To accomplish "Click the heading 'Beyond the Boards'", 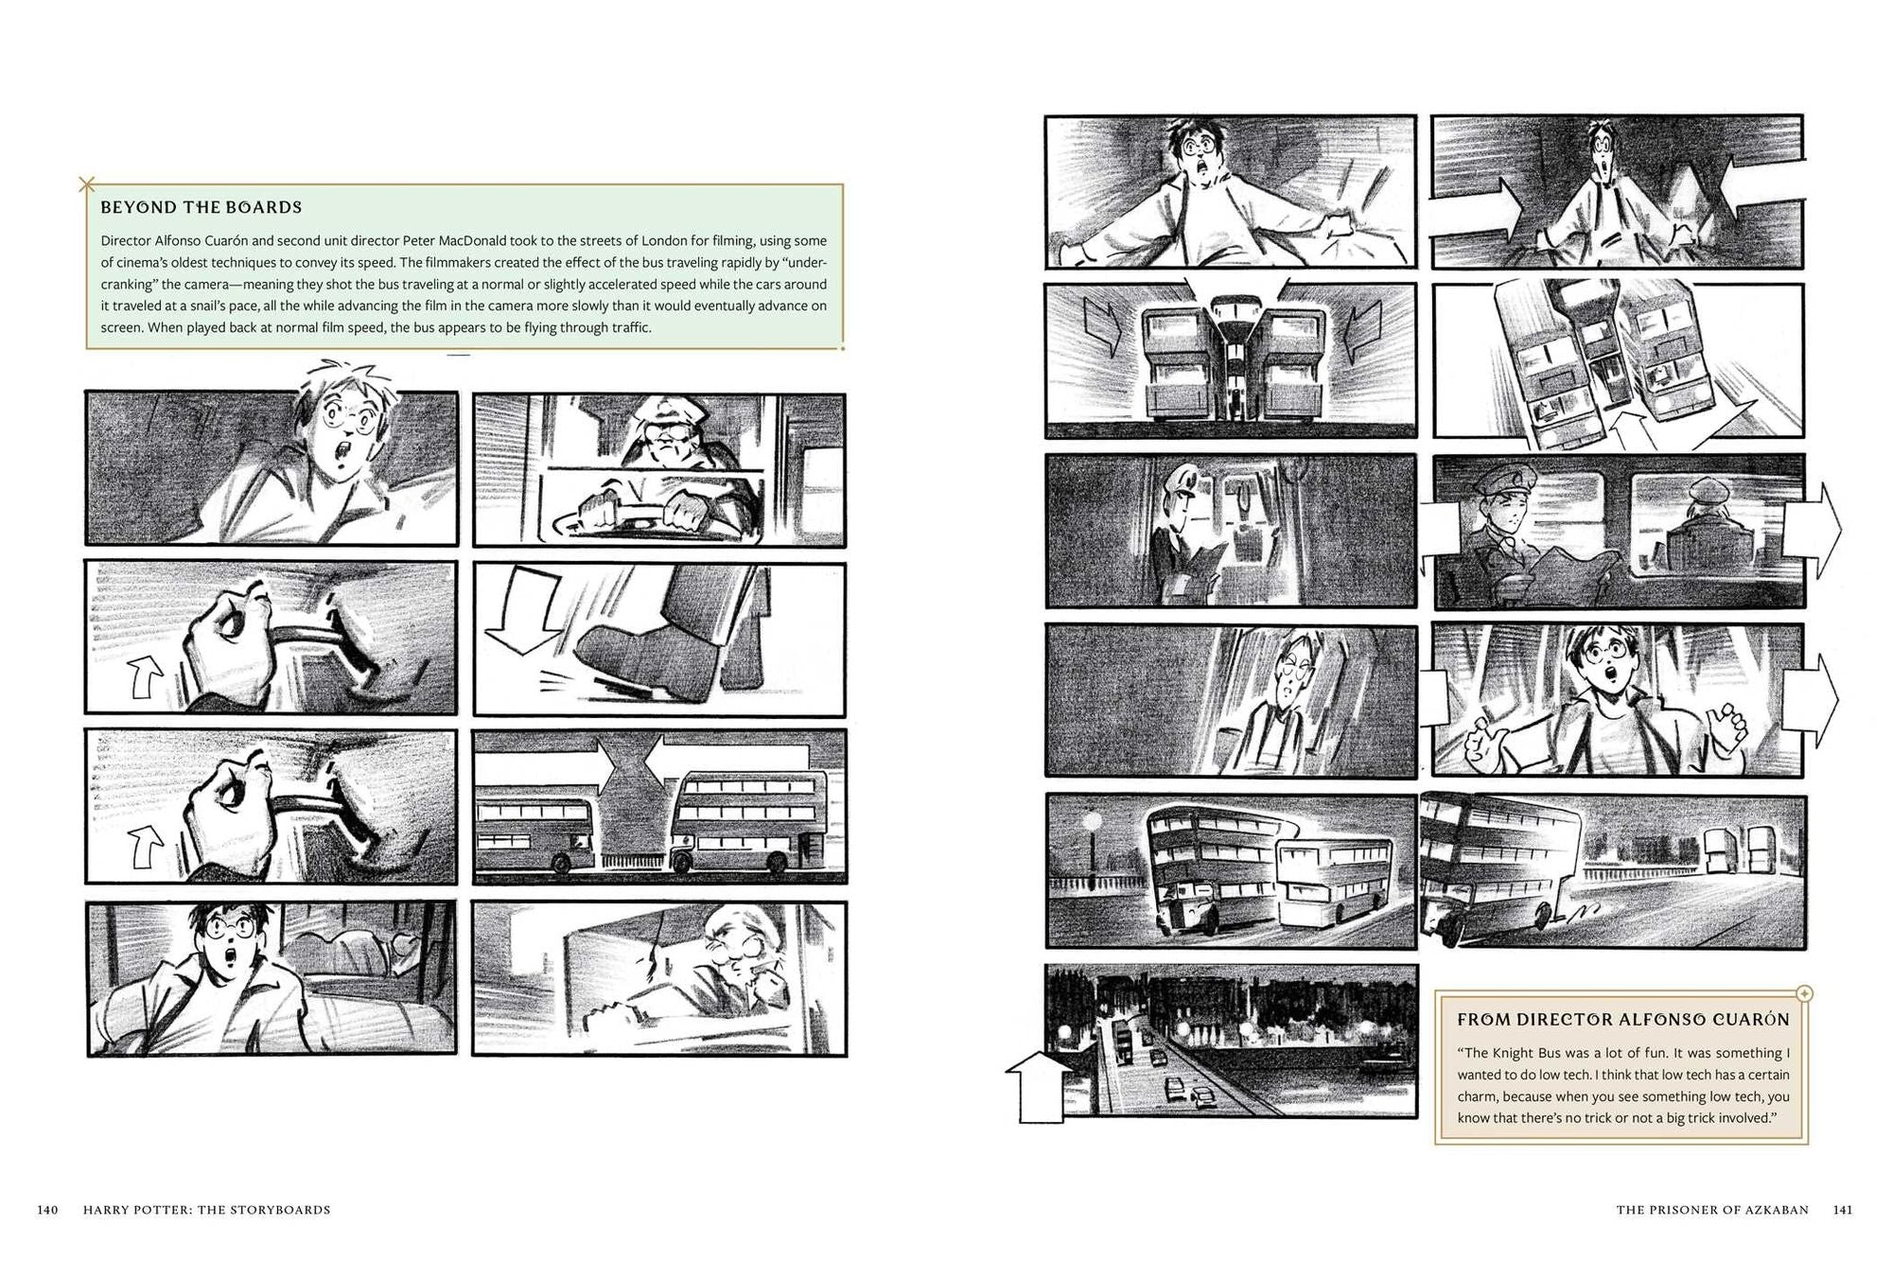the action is point(201,207).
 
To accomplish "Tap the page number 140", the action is point(48,1210).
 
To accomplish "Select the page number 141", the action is point(1843,1210).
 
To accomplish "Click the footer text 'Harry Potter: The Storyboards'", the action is point(207,1210).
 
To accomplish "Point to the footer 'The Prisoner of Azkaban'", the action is point(1712,1210).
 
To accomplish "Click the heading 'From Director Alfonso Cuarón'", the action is point(1623,1020).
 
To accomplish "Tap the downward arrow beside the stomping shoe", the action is point(530,610).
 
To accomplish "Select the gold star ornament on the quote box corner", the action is point(1803,994).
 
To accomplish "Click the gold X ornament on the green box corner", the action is point(87,184).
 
